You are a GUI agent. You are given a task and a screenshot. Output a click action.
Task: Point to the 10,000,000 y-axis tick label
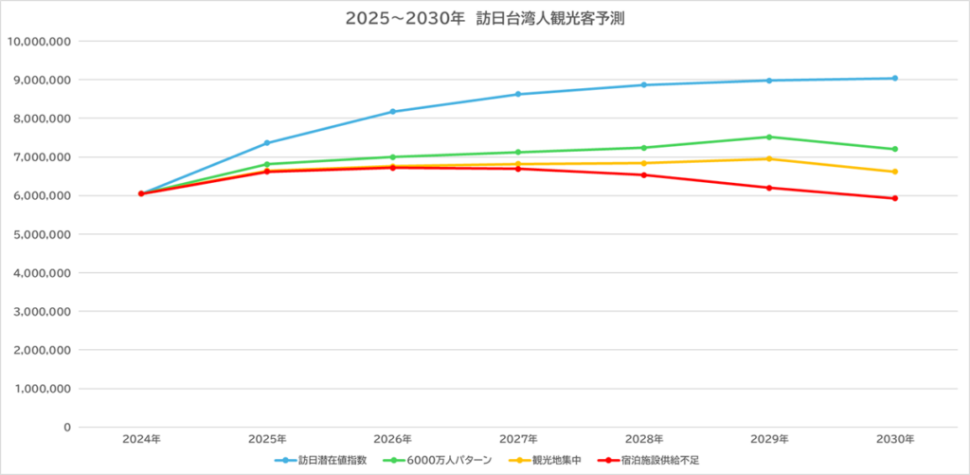coord(39,42)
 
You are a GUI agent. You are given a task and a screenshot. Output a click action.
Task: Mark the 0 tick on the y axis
coord(67,427)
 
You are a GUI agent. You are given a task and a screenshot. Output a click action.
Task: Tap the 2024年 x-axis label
coord(141,440)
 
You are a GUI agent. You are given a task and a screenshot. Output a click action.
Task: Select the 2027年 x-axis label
coord(518,440)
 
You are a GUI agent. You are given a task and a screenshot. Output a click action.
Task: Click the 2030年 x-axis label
coord(895,440)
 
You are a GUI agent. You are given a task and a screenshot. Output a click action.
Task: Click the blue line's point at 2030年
coord(895,79)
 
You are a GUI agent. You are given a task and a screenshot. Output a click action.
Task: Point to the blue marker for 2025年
coord(267,143)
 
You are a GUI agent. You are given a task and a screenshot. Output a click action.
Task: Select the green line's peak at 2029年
coord(769,137)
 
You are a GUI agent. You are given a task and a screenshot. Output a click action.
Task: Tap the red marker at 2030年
coord(895,198)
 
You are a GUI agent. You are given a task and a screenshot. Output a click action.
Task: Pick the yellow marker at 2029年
coord(769,158)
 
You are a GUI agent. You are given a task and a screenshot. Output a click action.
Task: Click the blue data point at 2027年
coord(518,94)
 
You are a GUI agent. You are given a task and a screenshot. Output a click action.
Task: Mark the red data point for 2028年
coord(644,174)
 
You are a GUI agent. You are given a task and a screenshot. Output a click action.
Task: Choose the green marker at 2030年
coord(895,149)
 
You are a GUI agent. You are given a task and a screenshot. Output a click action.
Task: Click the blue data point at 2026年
coord(393,112)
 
